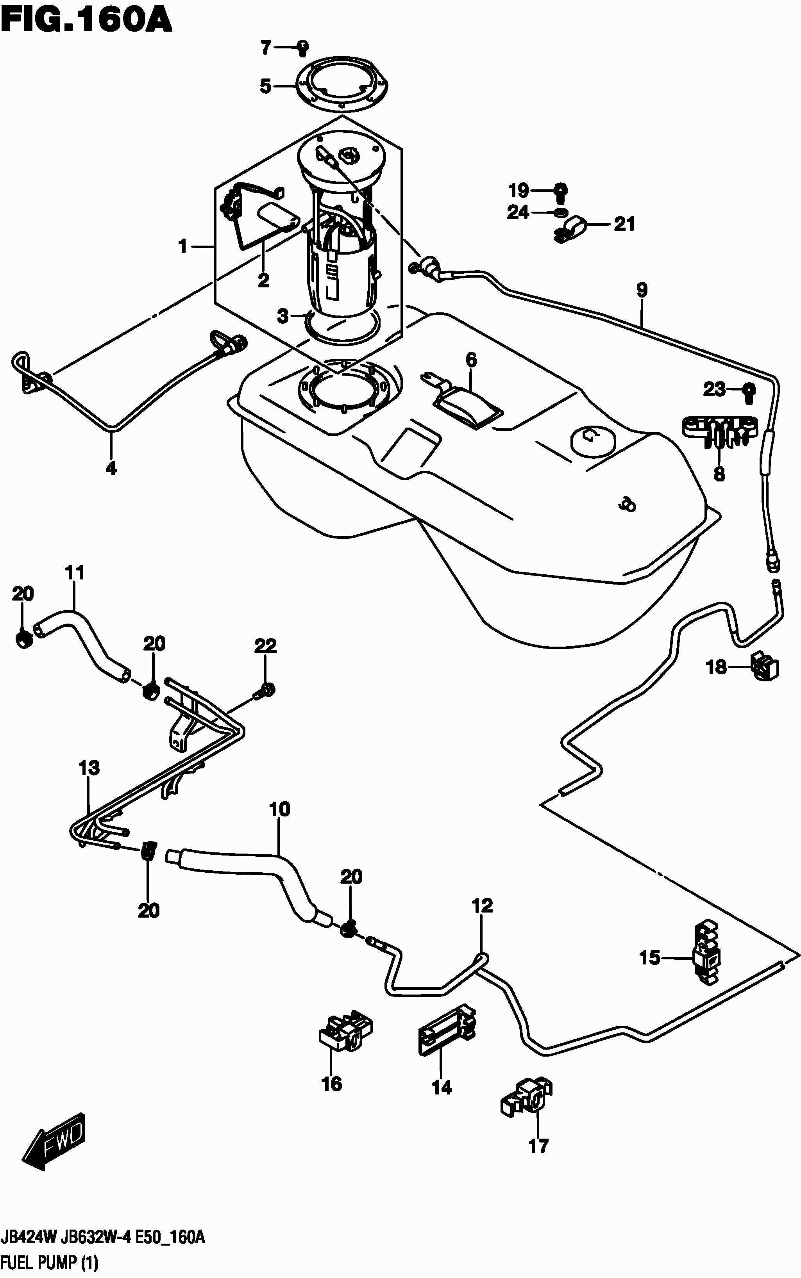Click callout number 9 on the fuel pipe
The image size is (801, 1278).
click(x=642, y=290)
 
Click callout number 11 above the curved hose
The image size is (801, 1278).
click(x=75, y=572)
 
